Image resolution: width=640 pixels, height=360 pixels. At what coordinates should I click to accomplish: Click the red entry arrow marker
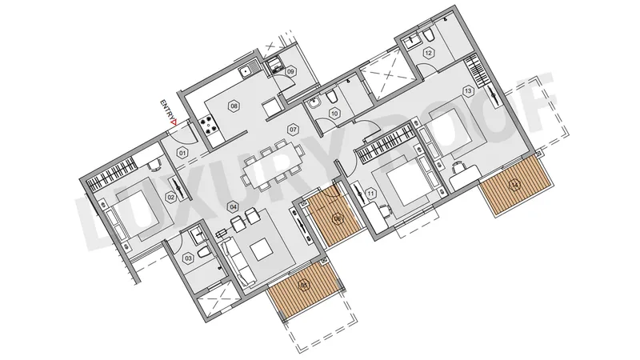(x=174, y=122)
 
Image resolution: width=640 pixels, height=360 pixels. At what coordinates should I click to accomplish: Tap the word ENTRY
(x=165, y=109)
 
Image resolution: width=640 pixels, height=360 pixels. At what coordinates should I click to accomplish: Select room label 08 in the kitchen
(x=234, y=106)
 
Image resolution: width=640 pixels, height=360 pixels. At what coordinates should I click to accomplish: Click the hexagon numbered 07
(x=293, y=130)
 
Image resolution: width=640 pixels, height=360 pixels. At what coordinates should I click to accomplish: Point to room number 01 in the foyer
(x=182, y=154)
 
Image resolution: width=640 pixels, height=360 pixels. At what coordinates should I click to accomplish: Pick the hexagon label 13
(x=468, y=91)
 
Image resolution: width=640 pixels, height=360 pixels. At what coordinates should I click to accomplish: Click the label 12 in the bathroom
(x=428, y=53)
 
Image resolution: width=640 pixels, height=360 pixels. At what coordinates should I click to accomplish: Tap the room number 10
(x=334, y=114)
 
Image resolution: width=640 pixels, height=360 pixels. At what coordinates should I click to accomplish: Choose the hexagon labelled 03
(x=189, y=258)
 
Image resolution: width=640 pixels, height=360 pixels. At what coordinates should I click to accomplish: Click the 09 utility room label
(x=290, y=71)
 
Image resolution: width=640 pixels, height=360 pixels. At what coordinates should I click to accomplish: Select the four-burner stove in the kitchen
(x=209, y=125)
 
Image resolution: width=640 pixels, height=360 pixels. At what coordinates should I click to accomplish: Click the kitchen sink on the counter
(x=247, y=71)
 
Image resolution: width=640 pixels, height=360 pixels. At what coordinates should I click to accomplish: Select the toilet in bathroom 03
(x=204, y=251)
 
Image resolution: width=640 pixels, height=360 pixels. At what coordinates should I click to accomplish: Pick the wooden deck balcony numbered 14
(x=517, y=185)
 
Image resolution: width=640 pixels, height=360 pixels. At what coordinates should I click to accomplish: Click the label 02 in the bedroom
(x=170, y=198)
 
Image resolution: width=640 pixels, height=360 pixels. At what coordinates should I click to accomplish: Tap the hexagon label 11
(x=370, y=194)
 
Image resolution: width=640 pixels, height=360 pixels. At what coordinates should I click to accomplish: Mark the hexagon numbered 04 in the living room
(x=233, y=206)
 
